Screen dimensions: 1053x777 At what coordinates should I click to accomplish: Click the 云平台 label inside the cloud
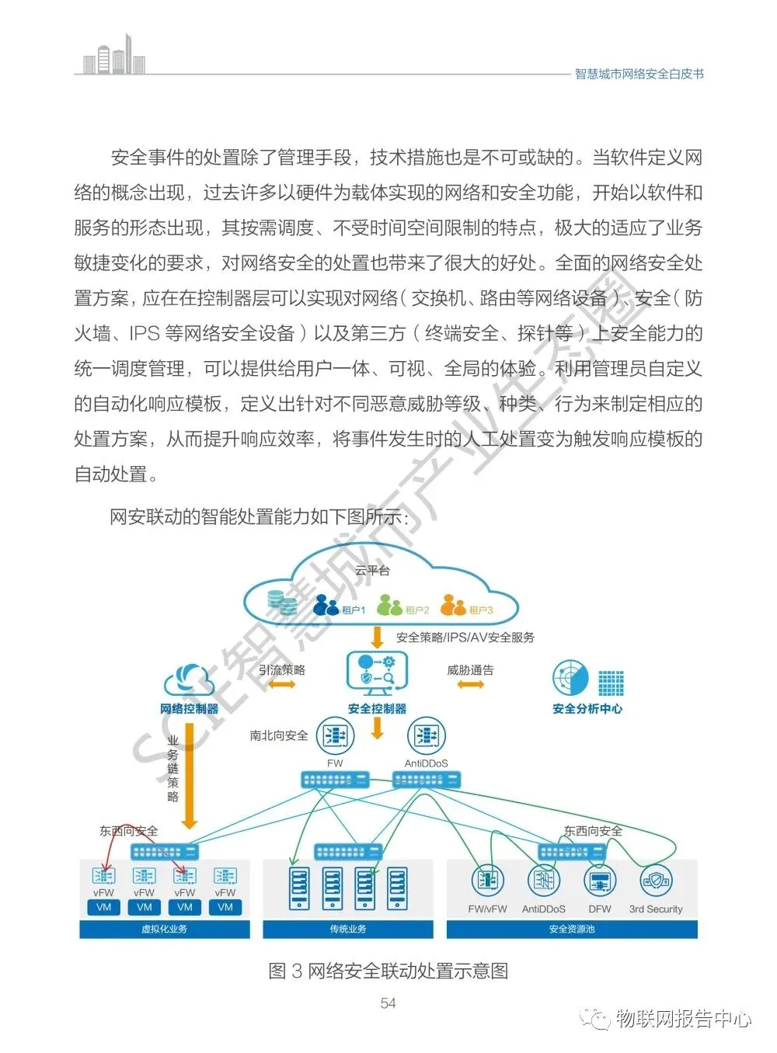point(372,571)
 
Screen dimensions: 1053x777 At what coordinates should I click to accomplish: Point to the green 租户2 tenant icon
point(389,606)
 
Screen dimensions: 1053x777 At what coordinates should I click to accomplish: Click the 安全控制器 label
point(377,709)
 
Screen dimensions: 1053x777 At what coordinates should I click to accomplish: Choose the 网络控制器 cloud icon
point(189,681)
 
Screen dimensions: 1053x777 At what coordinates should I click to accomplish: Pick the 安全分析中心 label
point(587,709)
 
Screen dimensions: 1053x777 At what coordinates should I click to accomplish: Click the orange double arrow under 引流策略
point(281,685)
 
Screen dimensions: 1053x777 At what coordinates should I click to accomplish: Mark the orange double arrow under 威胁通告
point(471,684)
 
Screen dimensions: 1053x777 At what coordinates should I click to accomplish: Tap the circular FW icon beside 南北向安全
point(336,735)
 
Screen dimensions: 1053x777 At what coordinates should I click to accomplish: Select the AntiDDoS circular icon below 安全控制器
point(426,735)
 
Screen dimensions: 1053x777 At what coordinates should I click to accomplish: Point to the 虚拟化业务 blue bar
point(165,929)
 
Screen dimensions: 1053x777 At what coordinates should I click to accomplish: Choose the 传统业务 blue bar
point(347,929)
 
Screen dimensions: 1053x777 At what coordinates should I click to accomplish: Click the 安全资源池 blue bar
point(572,929)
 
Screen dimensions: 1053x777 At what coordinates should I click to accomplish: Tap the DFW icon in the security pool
point(600,881)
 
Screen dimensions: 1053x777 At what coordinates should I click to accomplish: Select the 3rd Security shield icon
point(655,881)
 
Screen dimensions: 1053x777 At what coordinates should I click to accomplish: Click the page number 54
point(388,1003)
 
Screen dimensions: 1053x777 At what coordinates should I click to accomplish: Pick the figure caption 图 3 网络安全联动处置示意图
point(388,971)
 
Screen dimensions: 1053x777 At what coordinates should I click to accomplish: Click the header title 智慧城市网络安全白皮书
point(639,75)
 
